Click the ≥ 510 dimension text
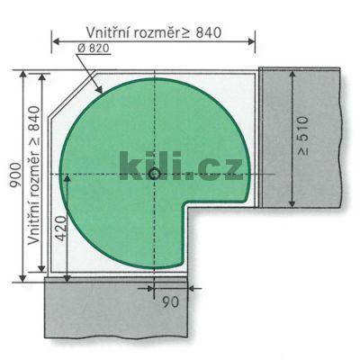point(306,136)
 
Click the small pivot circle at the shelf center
point(155,172)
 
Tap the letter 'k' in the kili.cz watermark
point(130,165)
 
